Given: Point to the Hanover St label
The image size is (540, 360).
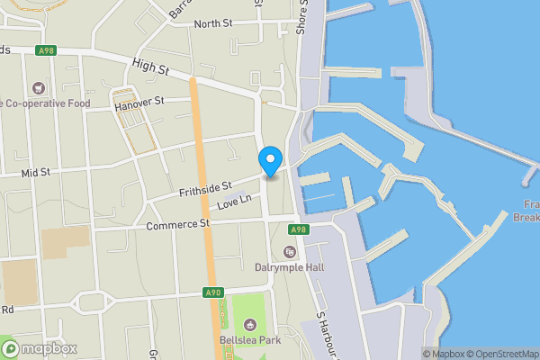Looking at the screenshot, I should [x=140, y=104].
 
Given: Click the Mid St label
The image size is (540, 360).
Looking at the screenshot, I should [x=37, y=170].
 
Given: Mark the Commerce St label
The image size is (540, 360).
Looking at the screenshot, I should [x=177, y=223].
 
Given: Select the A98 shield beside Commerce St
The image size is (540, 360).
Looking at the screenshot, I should [x=300, y=229].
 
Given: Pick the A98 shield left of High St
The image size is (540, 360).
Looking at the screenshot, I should [x=46, y=51].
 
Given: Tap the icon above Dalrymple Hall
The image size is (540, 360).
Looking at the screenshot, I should [x=290, y=251].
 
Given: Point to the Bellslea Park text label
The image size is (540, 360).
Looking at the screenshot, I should [x=249, y=341].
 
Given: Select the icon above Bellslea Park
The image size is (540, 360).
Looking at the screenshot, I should [x=249, y=325].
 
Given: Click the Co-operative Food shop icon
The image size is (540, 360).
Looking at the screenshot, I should [x=38, y=88].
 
